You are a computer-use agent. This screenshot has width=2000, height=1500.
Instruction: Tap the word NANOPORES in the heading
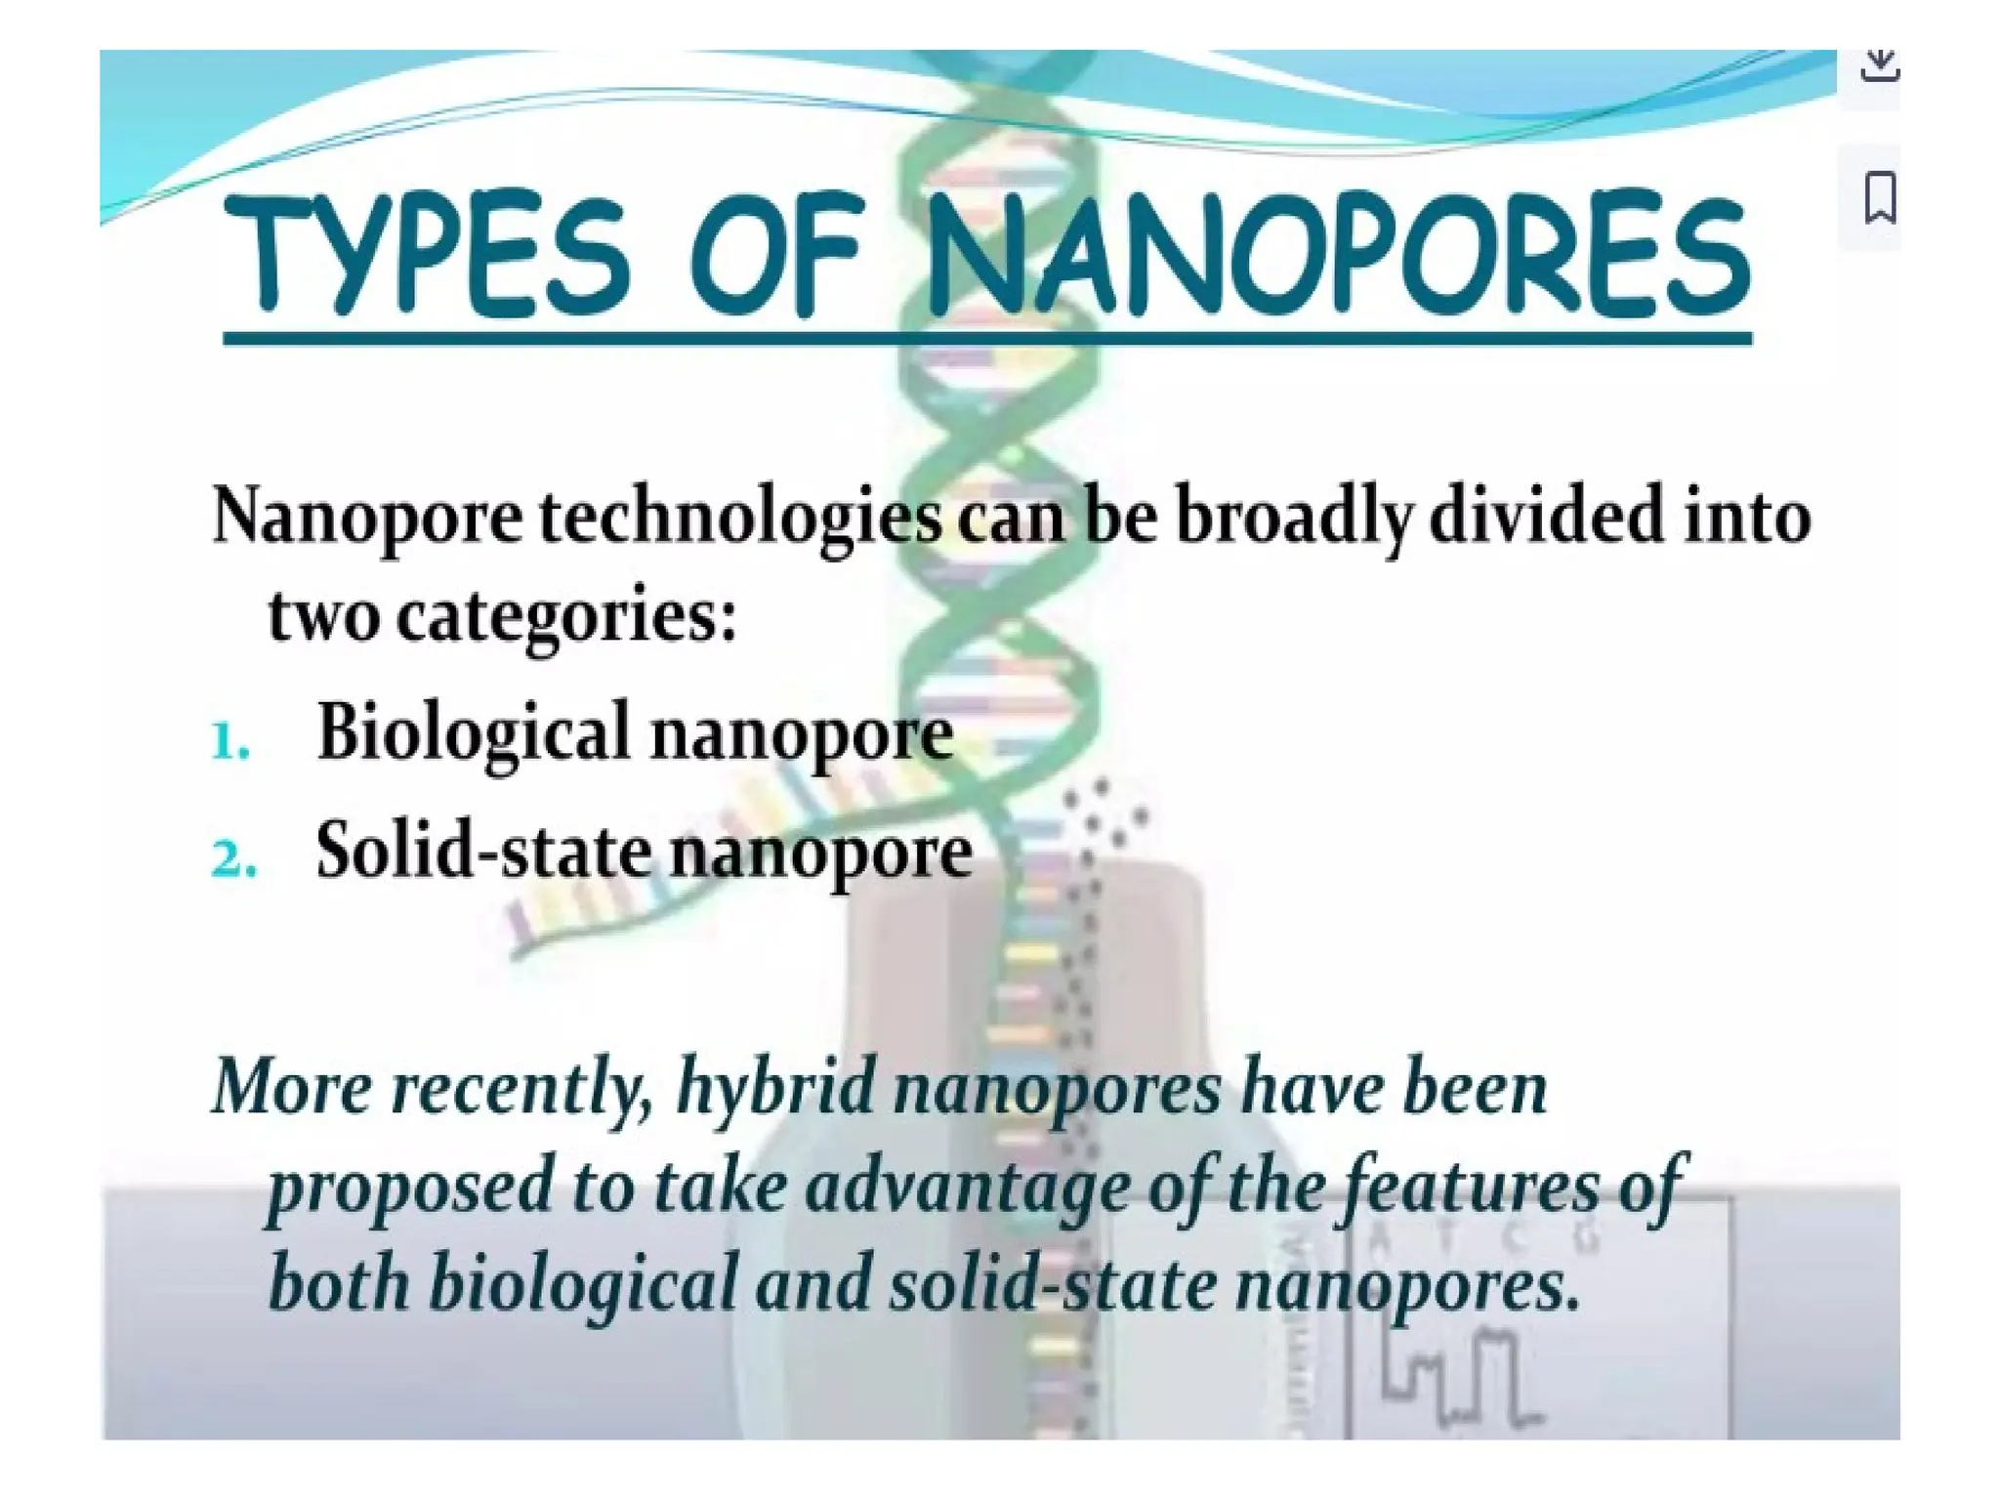[x=1337, y=256]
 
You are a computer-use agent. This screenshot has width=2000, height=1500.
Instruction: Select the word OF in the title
[x=777, y=254]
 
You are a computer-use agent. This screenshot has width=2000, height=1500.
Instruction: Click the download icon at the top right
[x=1879, y=66]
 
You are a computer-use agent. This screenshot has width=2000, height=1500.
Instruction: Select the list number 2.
[x=233, y=860]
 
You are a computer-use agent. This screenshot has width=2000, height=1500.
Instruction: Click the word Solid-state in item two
[x=483, y=851]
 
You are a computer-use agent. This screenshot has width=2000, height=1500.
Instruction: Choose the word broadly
[x=1293, y=517]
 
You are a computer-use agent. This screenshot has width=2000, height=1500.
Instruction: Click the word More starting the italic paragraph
[x=292, y=1086]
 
